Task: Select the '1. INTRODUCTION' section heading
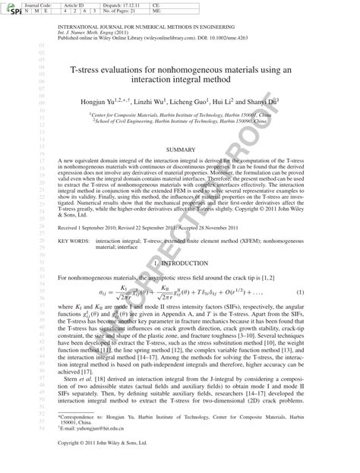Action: pos(180,263)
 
